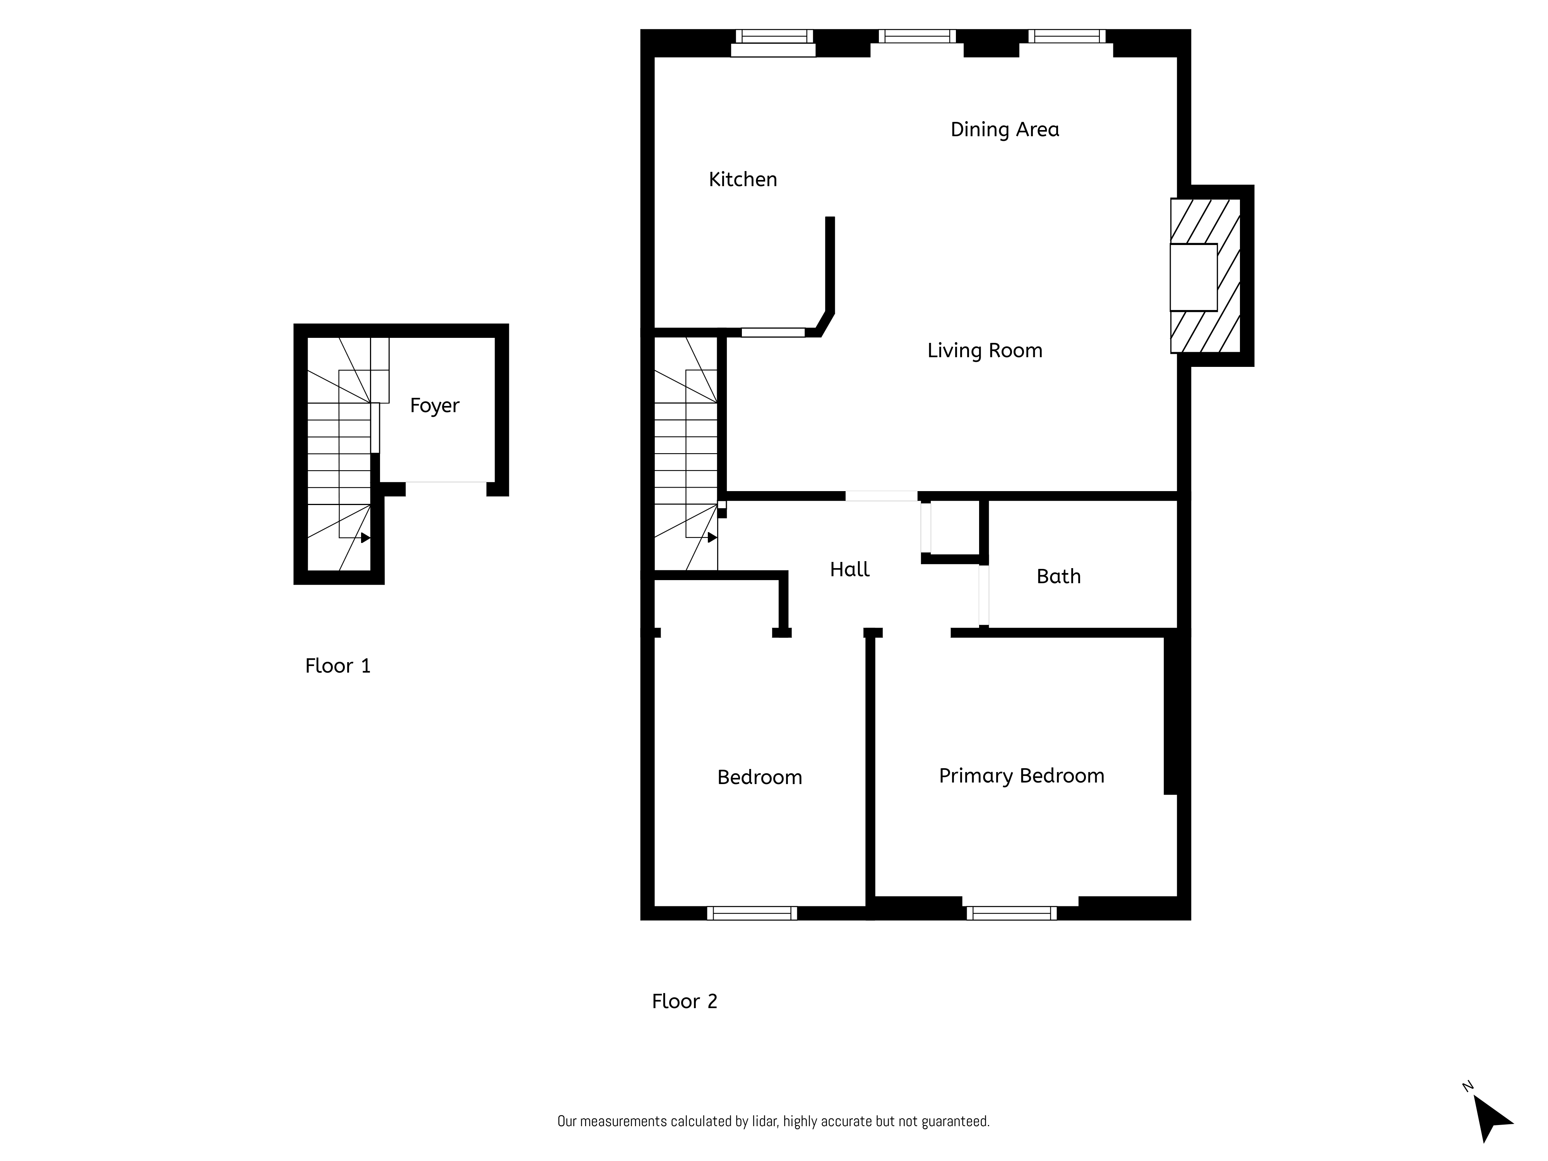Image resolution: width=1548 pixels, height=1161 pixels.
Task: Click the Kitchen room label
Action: point(743,180)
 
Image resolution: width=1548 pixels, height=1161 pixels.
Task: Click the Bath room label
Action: point(1058,577)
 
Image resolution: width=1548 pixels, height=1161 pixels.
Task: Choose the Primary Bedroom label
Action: point(1021,776)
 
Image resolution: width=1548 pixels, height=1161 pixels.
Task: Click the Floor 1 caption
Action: point(337,666)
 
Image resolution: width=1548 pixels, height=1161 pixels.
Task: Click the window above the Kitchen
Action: point(773,36)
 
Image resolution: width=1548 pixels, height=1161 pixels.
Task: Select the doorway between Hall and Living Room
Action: point(881,496)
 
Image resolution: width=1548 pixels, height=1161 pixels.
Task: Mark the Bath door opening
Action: point(983,595)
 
